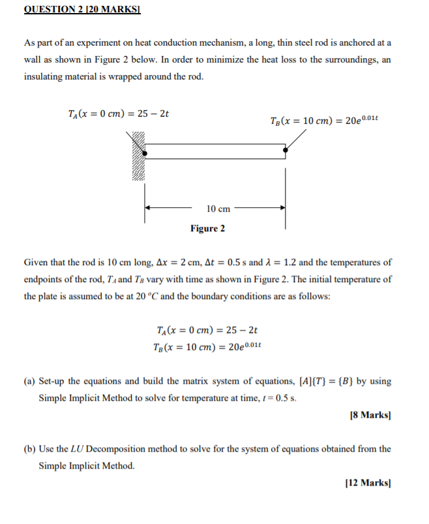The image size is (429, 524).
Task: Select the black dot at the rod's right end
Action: [x=285, y=151]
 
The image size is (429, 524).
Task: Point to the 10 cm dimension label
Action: [x=218, y=209]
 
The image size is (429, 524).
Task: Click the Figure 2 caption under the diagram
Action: [x=207, y=229]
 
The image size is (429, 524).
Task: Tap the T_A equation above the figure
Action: [x=119, y=113]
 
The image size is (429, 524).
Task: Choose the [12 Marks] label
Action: [x=371, y=482]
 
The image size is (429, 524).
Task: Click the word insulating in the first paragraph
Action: [x=46, y=76]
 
